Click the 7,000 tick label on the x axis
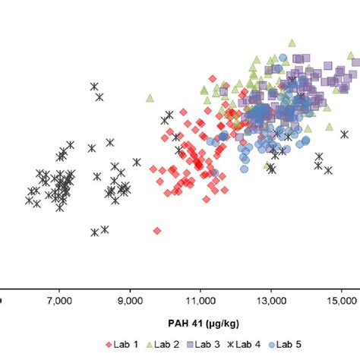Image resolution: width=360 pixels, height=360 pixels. tap(59, 301)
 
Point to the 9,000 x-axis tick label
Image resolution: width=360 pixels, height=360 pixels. tap(130, 301)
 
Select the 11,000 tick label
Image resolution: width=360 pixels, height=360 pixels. tap(201, 301)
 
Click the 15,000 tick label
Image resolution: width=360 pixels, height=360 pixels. tap(342, 301)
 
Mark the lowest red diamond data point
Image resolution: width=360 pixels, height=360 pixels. tap(156, 230)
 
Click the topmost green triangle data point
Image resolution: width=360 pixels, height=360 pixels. tap(291, 43)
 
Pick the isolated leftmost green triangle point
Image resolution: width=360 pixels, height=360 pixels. tap(150, 96)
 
